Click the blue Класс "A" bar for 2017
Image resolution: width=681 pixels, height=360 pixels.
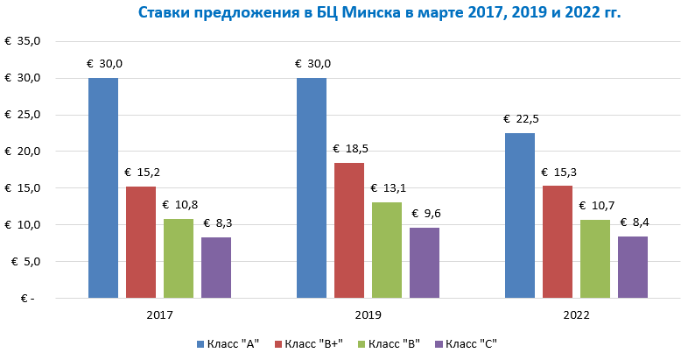coord(103,188)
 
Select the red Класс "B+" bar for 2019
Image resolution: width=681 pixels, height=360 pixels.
coord(349,230)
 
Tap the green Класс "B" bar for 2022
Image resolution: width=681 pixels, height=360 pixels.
coord(595,259)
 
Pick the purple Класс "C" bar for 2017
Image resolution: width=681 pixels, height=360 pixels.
coord(216,268)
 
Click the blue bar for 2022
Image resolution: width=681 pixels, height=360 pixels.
coord(520,215)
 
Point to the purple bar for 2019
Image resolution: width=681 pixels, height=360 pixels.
coord(425,263)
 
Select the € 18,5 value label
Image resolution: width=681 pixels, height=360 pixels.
coord(349,149)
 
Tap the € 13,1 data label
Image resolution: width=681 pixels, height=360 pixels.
coord(387,188)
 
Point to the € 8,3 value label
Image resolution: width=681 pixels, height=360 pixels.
coord(217,223)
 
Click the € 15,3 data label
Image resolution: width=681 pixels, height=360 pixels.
coord(558,173)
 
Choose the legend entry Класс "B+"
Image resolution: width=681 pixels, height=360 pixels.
coord(313,343)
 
